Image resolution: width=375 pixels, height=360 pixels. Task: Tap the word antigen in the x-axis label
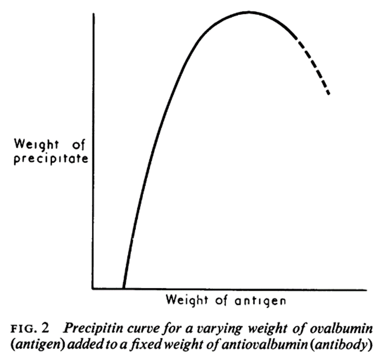point(260,300)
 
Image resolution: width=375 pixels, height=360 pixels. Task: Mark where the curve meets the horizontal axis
point(123,288)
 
